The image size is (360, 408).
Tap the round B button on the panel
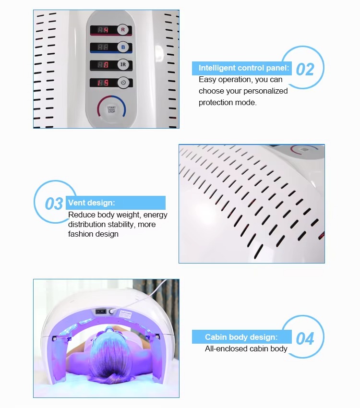[123, 47]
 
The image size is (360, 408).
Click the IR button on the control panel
[123, 64]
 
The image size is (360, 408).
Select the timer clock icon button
[123, 82]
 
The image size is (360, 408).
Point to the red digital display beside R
[103, 30]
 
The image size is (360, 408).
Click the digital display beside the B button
[103, 47]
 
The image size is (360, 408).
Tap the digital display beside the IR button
[103, 65]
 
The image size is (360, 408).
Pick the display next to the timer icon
[103, 83]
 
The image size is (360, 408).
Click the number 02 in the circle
[305, 69]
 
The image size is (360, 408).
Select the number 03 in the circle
[54, 204]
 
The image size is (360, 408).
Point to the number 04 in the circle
[305, 338]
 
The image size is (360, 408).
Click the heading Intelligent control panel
[243, 68]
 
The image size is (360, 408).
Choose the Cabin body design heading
[241, 337]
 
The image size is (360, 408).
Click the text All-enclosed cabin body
[246, 349]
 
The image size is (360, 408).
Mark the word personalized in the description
[265, 91]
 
